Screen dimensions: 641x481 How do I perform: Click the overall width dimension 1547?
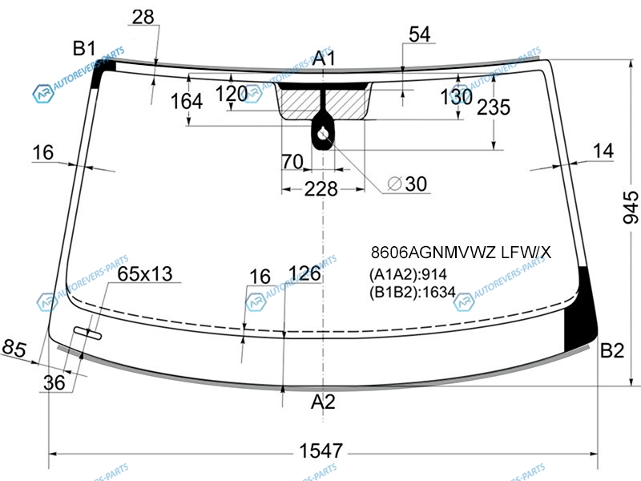pyautogui.click(x=321, y=451)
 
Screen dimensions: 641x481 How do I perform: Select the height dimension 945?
pyautogui.click(x=631, y=207)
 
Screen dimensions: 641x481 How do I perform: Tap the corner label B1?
pyautogui.click(x=84, y=48)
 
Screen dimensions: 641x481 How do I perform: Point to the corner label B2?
pyautogui.click(x=612, y=350)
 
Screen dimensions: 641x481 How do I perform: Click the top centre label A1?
pyautogui.click(x=324, y=58)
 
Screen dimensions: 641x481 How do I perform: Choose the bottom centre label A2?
pyautogui.click(x=323, y=402)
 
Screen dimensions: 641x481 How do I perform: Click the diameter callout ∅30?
pyautogui.click(x=407, y=184)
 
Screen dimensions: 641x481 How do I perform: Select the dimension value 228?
pyautogui.click(x=321, y=189)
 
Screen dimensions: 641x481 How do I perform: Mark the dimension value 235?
pyautogui.click(x=494, y=107)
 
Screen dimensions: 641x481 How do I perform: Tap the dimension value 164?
pyautogui.click(x=187, y=101)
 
